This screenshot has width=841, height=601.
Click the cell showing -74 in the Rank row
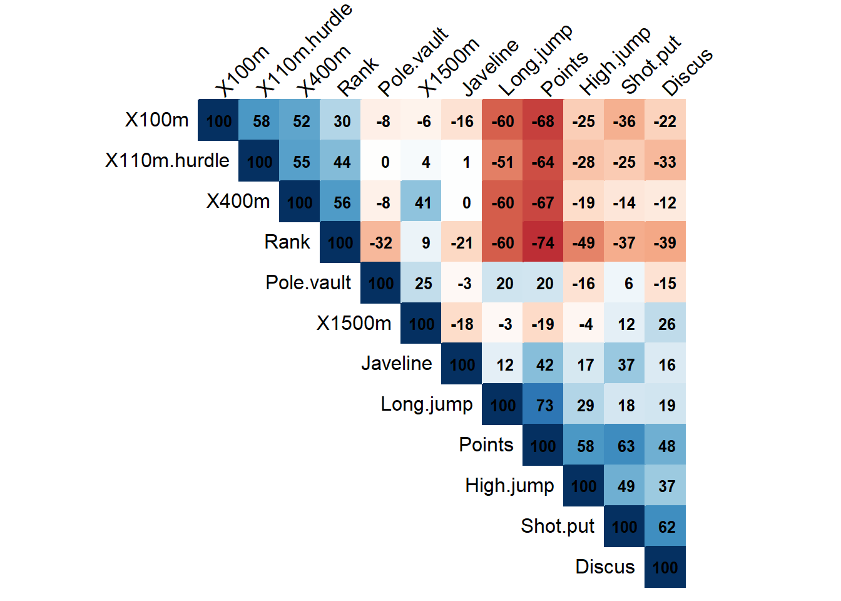point(543,242)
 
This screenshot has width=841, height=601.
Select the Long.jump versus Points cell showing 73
point(543,405)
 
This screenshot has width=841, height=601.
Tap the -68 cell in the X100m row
point(543,121)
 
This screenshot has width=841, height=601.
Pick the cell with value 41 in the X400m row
point(421,202)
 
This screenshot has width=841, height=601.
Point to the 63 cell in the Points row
point(624,446)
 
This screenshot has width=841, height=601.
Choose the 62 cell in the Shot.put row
point(665,527)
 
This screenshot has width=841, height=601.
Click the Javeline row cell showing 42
point(543,364)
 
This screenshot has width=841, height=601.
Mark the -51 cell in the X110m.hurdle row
point(502,162)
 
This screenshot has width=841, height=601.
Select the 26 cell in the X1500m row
point(665,324)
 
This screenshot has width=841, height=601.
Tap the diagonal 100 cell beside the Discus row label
point(665,567)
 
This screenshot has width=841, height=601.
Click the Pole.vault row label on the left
point(308,282)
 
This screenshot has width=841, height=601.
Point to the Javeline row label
point(396,363)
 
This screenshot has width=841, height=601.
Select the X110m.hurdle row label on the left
point(167,161)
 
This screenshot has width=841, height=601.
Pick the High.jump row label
point(509,486)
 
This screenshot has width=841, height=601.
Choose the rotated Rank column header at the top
point(358,77)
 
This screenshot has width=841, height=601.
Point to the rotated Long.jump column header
point(536,61)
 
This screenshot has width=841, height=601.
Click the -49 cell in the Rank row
point(584,242)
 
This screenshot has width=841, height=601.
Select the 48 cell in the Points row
point(665,446)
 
